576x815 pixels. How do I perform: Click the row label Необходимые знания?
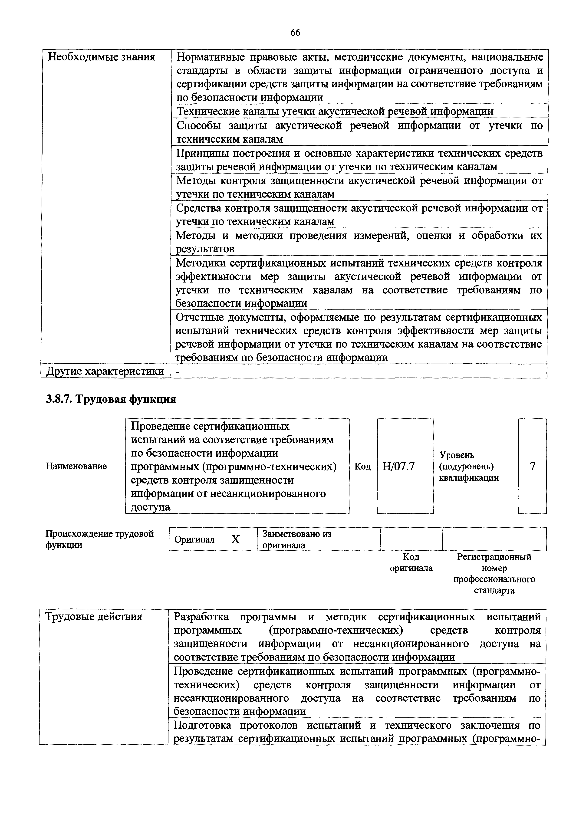102,57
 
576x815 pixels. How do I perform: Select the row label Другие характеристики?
105,371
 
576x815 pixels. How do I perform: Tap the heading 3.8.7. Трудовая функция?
111,399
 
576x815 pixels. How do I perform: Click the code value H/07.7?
398,466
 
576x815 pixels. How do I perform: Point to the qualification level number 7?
532,466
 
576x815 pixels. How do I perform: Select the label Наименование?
76,466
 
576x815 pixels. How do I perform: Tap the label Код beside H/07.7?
362,466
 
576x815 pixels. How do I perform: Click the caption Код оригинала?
411,563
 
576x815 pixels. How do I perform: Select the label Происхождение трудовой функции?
99,539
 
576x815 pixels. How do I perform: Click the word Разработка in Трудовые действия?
201,617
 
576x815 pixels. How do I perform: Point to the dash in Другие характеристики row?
178,371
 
